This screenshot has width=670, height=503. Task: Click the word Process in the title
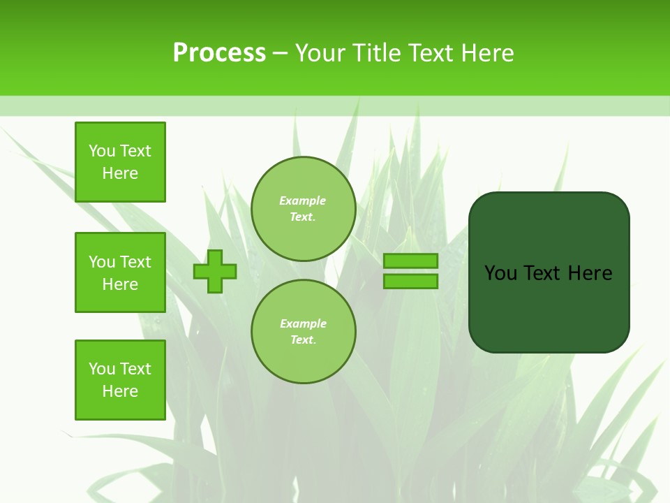[x=219, y=53]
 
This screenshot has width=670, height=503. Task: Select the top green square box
[x=120, y=162]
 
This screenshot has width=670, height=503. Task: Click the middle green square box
[x=120, y=272]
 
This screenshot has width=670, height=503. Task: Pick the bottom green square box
[x=120, y=380]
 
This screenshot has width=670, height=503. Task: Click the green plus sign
[x=215, y=271]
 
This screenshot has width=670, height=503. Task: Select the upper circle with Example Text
[x=304, y=209]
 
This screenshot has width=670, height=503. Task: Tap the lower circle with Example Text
[x=304, y=332]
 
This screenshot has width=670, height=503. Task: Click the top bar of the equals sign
[x=410, y=261]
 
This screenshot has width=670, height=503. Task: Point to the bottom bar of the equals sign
[x=410, y=282]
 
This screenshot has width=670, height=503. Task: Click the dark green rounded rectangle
[x=549, y=307]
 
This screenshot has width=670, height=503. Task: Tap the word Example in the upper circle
[x=302, y=201]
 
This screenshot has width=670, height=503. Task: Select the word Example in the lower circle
[x=303, y=323]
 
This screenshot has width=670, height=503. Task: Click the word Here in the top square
[x=120, y=173]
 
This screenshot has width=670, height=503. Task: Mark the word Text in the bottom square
[x=135, y=369]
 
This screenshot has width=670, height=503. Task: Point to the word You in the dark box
[x=500, y=273]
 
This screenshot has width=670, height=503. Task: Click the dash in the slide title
[x=281, y=53]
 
